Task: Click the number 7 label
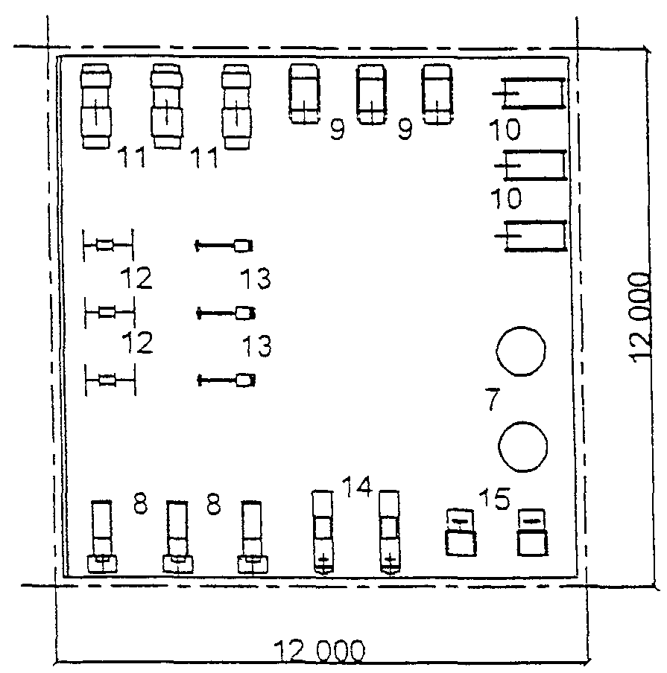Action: pyautogui.click(x=492, y=399)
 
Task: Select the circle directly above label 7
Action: pyautogui.click(x=521, y=351)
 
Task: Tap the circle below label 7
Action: pyautogui.click(x=522, y=447)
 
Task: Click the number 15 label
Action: pyautogui.click(x=494, y=499)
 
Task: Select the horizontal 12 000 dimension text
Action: pyautogui.click(x=319, y=651)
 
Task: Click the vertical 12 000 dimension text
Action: pyautogui.click(x=639, y=317)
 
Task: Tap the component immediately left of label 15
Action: pyautogui.click(x=461, y=532)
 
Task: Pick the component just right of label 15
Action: pyautogui.click(x=533, y=532)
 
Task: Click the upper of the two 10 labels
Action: pyautogui.click(x=505, y=130)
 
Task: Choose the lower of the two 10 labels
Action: pyautogui.click(x=506, y=198)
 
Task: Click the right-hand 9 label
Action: pyautogui.click(x=405, y=129)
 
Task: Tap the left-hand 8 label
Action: pyautogui.click(x=141, y=503)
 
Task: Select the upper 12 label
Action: pyautogui.click(x=136, y=278)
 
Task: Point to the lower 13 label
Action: pyautogui.click(x=257, y=346)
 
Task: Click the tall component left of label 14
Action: pyautogui.click(x=323, y=532)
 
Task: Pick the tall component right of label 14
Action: pyautogui.click(x=389, y=532)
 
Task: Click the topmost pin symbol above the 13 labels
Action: pyautogui.click(x=224, y=246)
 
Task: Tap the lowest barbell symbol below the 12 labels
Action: pyautogui.click(x=110, y=380)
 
